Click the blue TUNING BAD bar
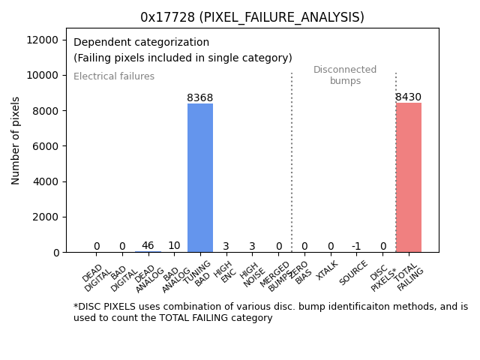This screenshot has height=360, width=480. [x=200, y=178]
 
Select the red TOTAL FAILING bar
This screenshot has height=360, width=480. [x=409, y=178]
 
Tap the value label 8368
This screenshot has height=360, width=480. [x=200, y=97]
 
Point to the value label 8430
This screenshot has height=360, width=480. [x=409, y=97]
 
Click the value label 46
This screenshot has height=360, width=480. [x=148, y=245]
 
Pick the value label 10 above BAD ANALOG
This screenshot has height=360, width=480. [x=174, y=245]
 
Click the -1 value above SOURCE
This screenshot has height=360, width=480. [x=356, y=246]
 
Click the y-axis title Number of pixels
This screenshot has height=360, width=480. [x=16, y=141]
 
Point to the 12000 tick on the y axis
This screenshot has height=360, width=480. [x=48, y=40]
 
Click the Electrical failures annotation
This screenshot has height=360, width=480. [x=114, y=76]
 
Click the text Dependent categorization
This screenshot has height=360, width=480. [x=141, y=42]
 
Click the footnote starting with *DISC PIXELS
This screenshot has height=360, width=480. [x=270, y=312]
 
